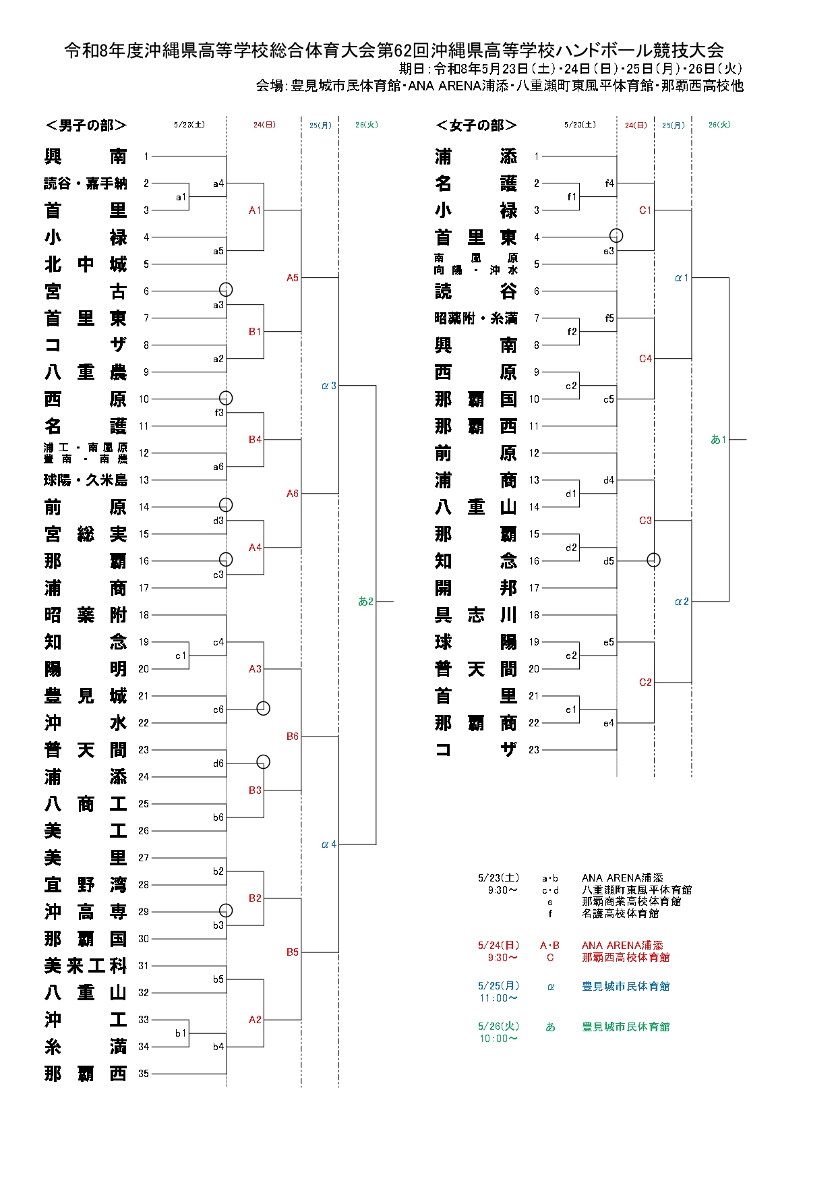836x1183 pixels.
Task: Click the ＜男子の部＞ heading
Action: (x=86, y=125)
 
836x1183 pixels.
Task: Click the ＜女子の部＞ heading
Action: (x=476, y=125)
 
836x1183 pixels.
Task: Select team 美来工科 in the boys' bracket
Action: (x=86, y=966)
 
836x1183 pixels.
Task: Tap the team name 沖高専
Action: (x=86, y=912)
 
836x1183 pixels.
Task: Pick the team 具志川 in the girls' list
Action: (x=476, y=615)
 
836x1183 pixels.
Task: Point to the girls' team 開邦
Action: (x=476, y=588)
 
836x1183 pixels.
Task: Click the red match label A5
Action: (x=292, y=278)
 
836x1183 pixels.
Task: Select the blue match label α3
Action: (x=329, y=386)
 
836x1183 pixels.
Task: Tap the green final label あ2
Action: (x=366, y=602)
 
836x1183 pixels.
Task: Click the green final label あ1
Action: (x=719, y=440)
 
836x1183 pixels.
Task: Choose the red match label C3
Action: (x=645, y=521)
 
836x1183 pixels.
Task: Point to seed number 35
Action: (x=144, y=1074)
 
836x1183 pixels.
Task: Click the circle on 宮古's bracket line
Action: (x=226, y=289)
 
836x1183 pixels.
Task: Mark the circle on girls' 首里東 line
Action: (x=616, y=235)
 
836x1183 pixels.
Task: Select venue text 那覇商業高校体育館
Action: (x=631, y=901)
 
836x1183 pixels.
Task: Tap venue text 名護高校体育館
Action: (x=620, y=913)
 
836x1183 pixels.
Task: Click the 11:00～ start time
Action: (x=499, y=998)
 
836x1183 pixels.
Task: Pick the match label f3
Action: (x=219, y=413)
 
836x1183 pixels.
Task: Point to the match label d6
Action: (x=218, y=763)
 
